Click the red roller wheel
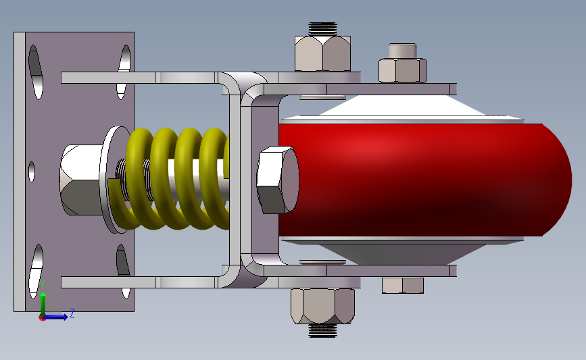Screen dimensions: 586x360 tap(422, 179)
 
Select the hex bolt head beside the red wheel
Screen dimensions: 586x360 tap(277, 180)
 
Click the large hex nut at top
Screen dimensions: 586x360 tap(322, 53)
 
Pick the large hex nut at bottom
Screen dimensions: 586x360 tap(322, 306)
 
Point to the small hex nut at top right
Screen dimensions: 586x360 tap(402, 70)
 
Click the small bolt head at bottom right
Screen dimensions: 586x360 tap(403, 285)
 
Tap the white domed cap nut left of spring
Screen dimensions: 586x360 tap(80, 180)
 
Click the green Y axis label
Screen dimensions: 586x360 tap(43, 284)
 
